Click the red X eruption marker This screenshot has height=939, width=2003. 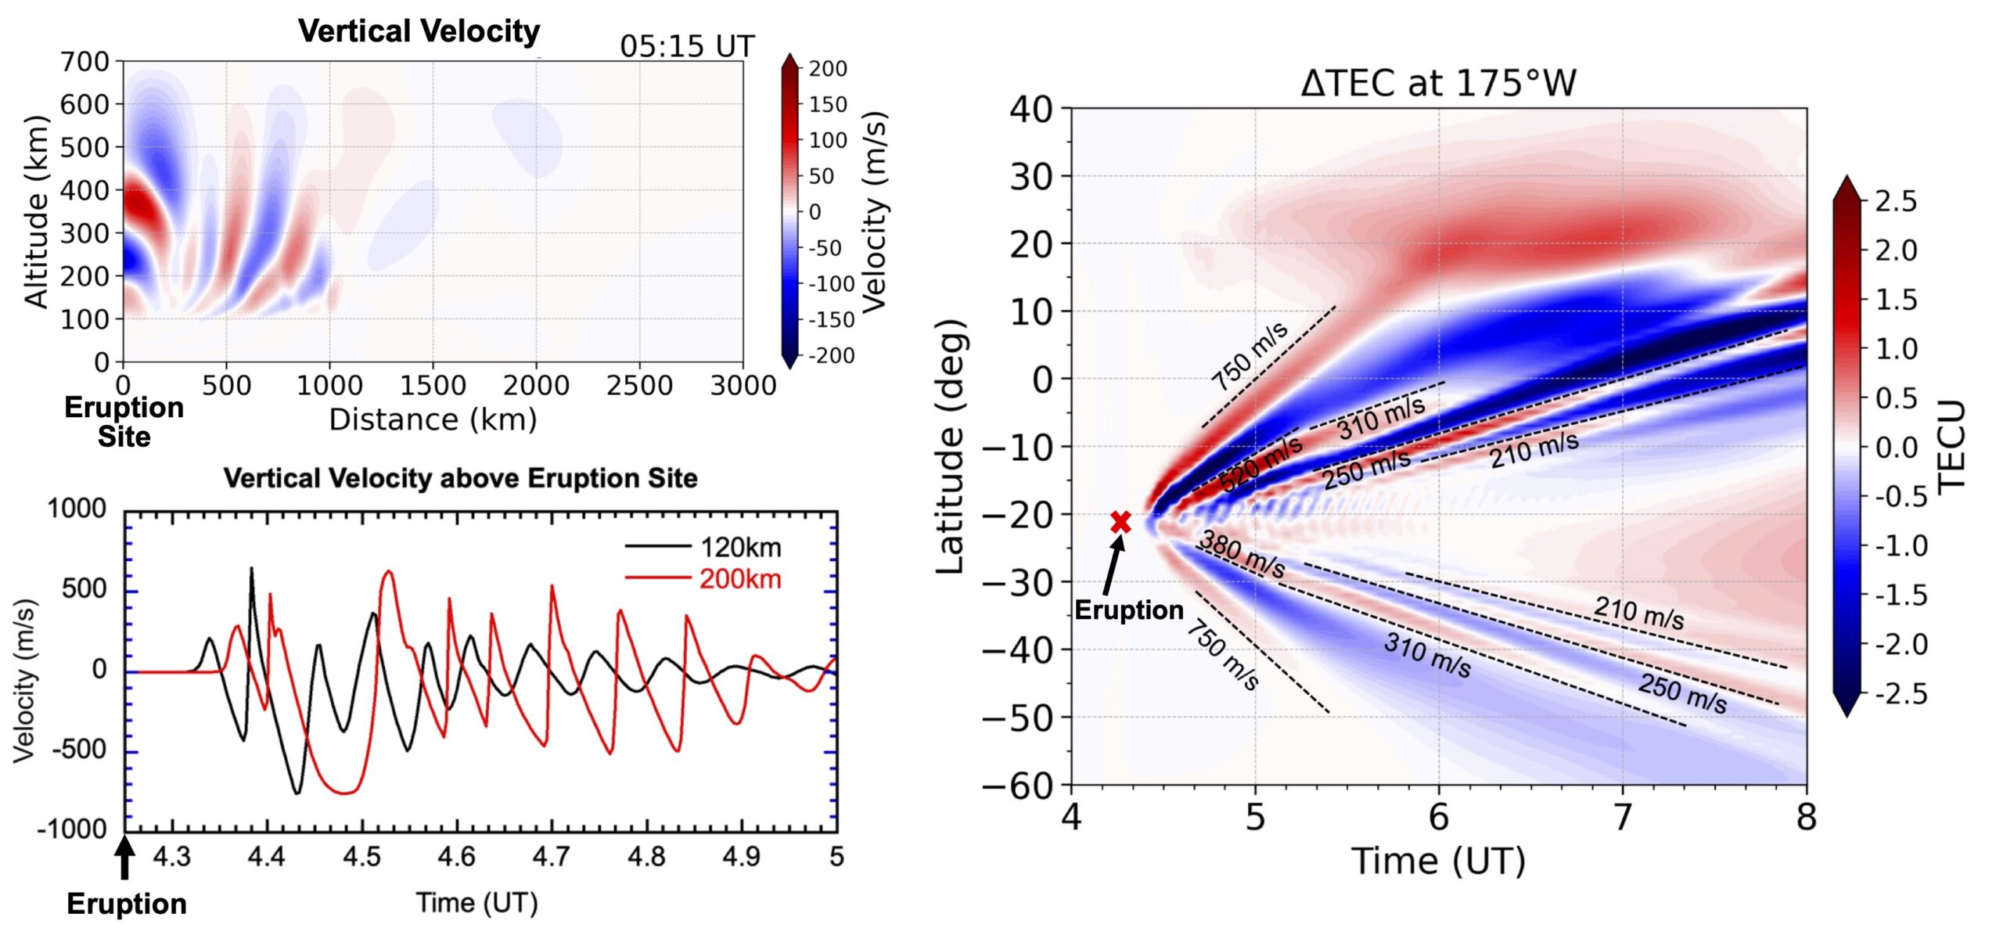tap(1120, 522)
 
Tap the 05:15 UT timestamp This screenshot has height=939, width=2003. tap(686, 47)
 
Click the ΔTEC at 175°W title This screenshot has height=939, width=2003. tap(1438, 83)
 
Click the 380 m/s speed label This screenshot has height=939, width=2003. tap(1242, 554)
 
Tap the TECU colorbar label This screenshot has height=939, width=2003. tap(1951, 446)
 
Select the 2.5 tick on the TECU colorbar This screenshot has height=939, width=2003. tap(1896, 201)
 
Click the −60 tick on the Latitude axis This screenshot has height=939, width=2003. tap(1017, 785)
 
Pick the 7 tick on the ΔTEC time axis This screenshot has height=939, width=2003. tap(1623, 818)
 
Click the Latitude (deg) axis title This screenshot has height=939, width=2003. tap(951, 446)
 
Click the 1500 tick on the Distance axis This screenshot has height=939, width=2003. tap(432, 386)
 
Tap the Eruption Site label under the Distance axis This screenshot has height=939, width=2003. tap(124, 422)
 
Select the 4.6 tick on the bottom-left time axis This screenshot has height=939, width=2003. tap(456, 857)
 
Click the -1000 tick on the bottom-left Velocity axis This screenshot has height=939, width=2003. tap(71, 829)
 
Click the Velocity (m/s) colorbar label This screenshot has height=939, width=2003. tap(875, 211)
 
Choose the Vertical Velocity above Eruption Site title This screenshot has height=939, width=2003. tap(460, 478)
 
